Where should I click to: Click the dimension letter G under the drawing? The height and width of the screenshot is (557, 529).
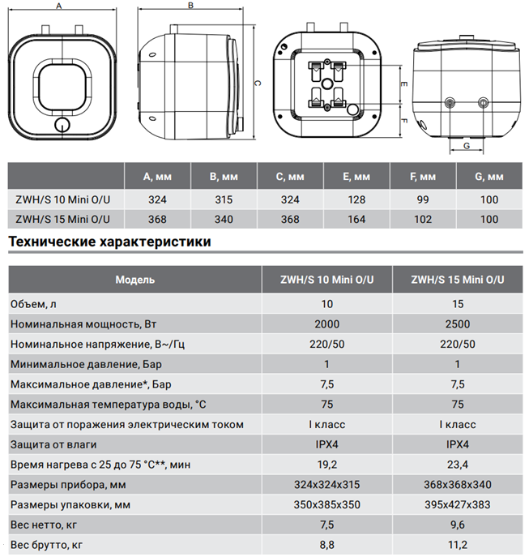tap(467, 146)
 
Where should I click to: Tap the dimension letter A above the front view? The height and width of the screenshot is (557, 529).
tap(59, 6)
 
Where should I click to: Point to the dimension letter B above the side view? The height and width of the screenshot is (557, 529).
tap(190, 6)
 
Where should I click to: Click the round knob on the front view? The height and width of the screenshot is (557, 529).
tap(62, 125)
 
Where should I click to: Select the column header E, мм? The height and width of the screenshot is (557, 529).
tap(356, 177)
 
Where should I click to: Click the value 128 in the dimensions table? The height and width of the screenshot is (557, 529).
tap(356, 199)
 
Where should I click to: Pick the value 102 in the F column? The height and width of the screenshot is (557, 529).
tap(423, 219)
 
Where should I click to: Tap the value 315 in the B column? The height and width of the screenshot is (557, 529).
tap(224, 199)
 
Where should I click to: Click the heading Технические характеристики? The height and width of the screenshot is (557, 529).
tap(109, 242)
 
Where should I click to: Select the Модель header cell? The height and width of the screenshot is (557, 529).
tap(135, 280)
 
